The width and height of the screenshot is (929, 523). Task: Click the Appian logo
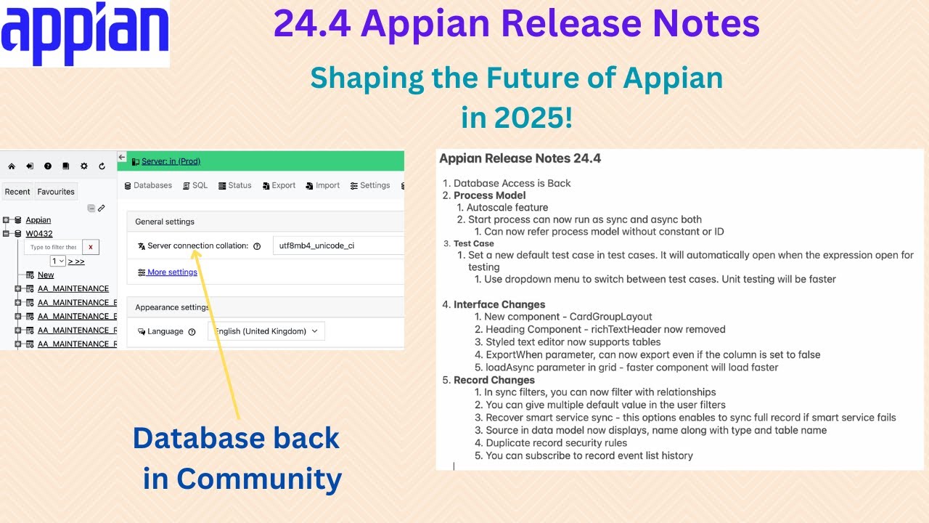pos(85,34)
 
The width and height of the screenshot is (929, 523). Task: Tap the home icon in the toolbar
pos(12,166)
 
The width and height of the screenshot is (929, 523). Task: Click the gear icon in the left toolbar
pos(84,166)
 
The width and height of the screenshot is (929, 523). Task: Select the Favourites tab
pos(56,192)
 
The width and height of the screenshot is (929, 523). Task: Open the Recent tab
pos(17,192)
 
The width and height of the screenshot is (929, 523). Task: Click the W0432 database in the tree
pos(39,234)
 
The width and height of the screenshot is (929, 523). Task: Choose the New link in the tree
pos(46,275)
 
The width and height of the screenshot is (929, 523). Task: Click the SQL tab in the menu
pos(195,185)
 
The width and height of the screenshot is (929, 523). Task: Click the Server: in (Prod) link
pos(171,161)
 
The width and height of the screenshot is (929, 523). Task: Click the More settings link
pos(172,272)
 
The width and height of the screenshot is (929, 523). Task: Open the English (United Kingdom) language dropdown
pos(266,331)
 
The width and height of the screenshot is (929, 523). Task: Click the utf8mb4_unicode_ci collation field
pos(337,246)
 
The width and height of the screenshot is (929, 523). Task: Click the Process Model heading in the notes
pos(489,195)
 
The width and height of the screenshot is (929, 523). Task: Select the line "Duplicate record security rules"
pos(556,443)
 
